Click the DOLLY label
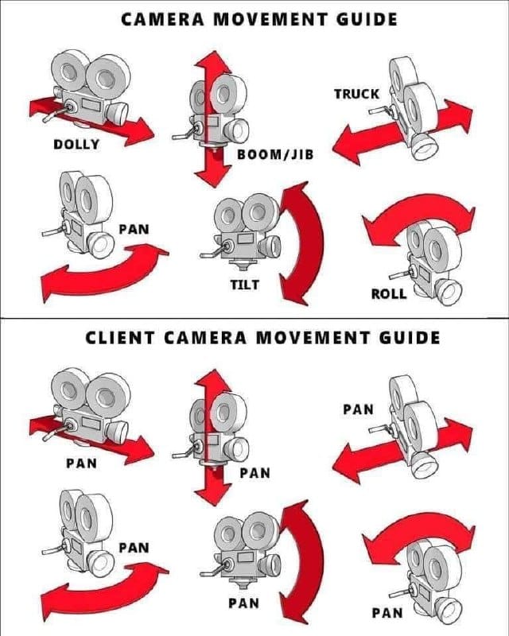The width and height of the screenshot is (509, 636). [x=76, y=144]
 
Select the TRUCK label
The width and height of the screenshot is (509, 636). [x=356, y=94]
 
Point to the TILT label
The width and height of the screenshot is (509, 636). [x=245, y=284]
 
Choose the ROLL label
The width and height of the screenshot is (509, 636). [x=389, y=293]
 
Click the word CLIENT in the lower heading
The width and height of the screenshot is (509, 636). [x=119, y=337]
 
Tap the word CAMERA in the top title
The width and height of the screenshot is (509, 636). [x=161, y=17]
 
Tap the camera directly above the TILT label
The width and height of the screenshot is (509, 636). [x=243, y=231]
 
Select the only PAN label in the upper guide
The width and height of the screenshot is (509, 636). [x=134, y=230]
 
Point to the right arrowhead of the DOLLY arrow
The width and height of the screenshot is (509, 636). [x=143, y=132]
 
